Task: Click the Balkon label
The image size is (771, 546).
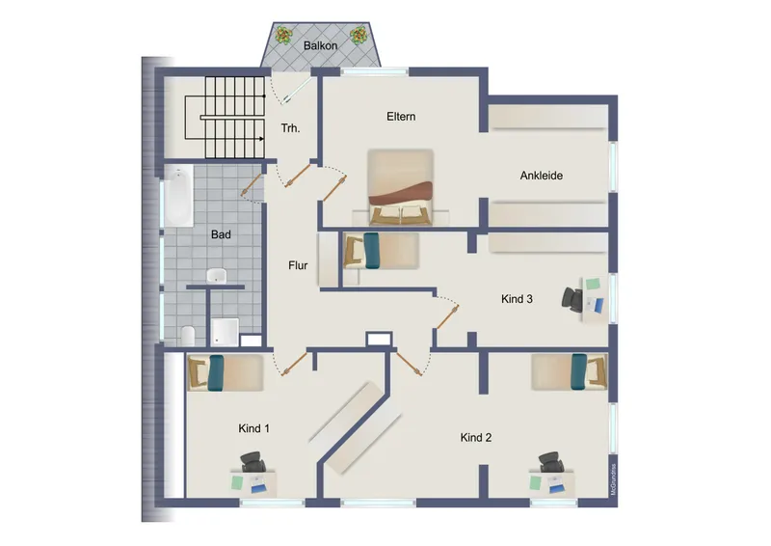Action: [320, 45]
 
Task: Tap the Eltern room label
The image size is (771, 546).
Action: [401, 117]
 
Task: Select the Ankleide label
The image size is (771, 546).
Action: [541, 176]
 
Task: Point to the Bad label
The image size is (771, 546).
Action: [221, 233]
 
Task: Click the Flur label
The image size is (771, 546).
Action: [298, 265]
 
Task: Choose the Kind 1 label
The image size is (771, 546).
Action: [254, 427]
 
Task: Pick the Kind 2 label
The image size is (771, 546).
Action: [476, 437]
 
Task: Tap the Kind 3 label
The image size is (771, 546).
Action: [517, 299]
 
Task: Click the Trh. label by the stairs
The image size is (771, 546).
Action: [289, 128]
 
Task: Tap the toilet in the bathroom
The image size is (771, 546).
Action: [188, 335]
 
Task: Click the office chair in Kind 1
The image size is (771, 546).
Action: [254, 463]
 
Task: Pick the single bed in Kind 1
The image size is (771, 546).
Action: [225, 372]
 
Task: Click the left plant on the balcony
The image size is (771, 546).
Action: [283, 36]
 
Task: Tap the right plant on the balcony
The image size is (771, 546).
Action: [359, 36]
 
